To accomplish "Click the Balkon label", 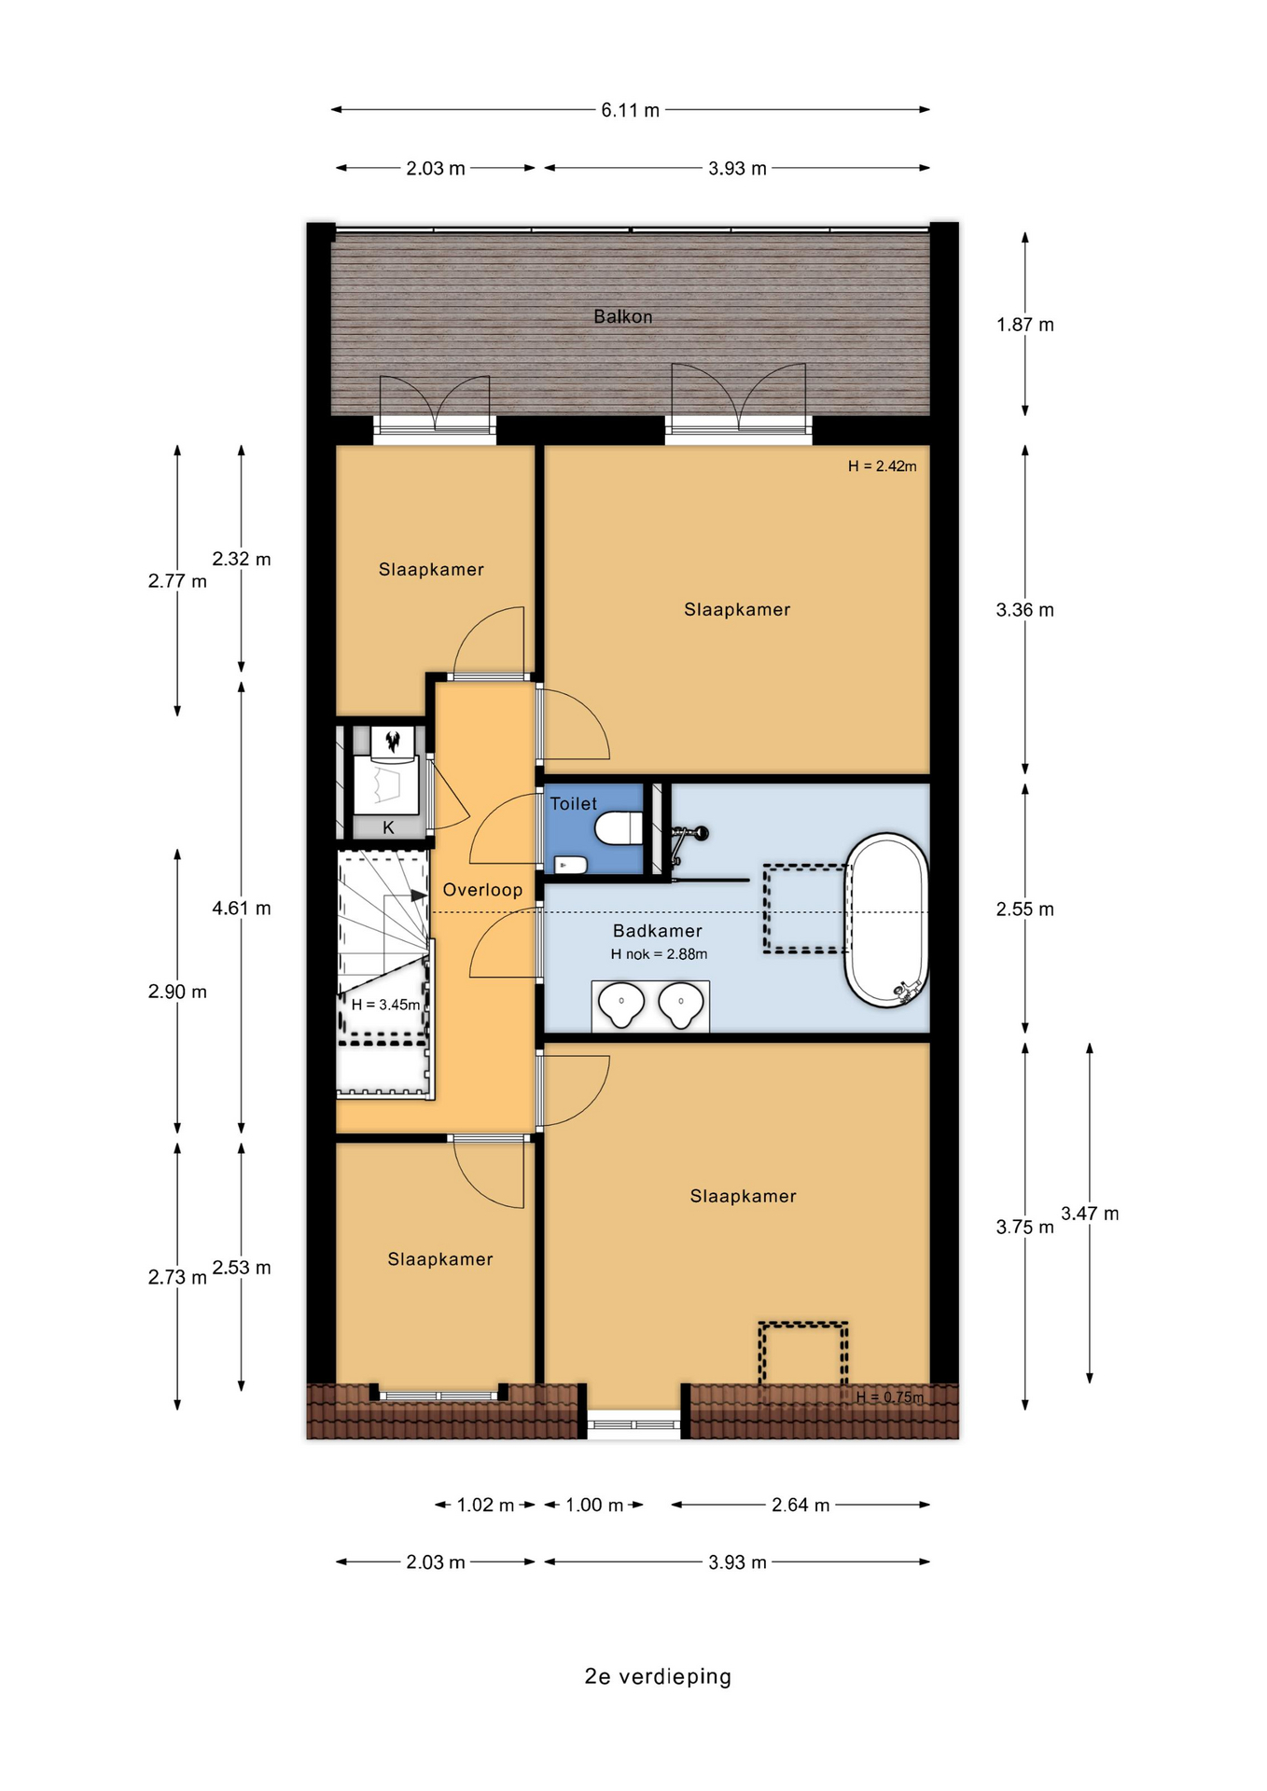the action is click(x=623, y=316).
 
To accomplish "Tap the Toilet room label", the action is click(x=574, y=803).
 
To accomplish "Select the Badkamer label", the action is click(x=658, y=930).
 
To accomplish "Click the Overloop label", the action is click(x=482, y=889).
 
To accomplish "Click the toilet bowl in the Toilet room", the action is click(x=619, y=827).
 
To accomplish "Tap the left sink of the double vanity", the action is click(x=621, y=1005).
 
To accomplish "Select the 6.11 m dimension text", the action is click(x=631, y=110).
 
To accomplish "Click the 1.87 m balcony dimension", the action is click(x=1025, y=325).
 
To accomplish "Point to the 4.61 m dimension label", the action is click(x=242, y=908).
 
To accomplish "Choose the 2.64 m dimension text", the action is click(x=801, y=1505).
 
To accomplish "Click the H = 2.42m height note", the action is click(x=882, y=465).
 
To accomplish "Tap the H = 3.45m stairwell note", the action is click(x=385, y=1005).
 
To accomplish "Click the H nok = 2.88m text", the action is click(x=659, y=953).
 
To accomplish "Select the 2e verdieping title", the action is click(x=658, y=1676).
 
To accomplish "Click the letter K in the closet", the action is click(x=389, y=827).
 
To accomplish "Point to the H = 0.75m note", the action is click(x=890, y=1396).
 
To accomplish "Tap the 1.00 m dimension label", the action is click(x=594, y=1505).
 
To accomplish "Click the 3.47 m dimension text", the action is click(x=1090, y=1214).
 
